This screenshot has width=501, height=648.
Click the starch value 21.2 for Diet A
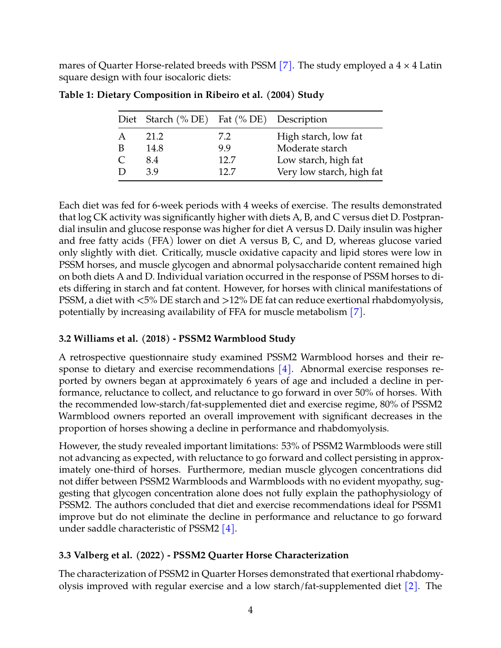[155, 136]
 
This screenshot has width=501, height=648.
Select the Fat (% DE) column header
[242, 119]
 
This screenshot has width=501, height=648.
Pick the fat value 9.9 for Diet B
[224, 148]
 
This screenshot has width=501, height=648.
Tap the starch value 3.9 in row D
[152, 172]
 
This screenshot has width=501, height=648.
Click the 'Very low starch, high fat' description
[330, 172]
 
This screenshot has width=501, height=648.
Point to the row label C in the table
[122, 160]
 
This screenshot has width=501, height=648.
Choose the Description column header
[302, 119]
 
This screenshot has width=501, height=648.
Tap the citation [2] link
[411, 586]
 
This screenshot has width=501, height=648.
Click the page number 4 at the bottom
[250, 610]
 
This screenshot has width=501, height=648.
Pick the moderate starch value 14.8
[155, 148]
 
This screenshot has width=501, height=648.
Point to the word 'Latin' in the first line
[430, 65]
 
